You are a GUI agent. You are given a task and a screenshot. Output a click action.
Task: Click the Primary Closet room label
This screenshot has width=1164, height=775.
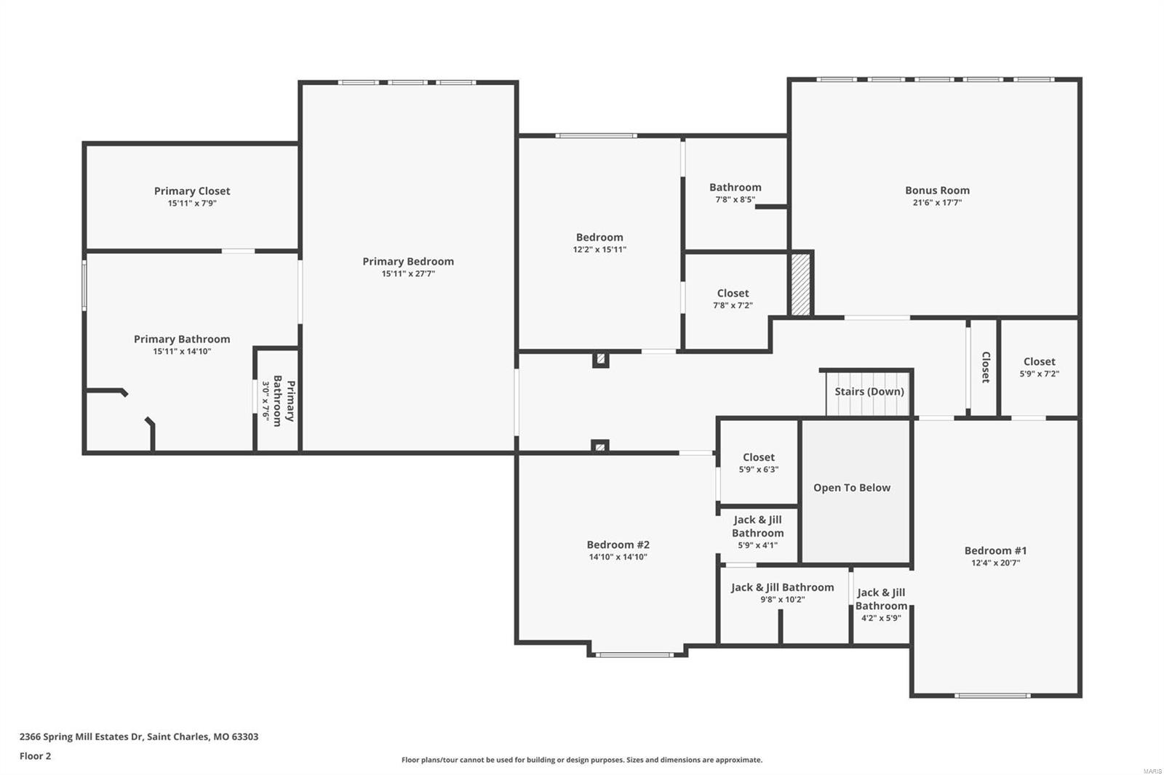[192, 191]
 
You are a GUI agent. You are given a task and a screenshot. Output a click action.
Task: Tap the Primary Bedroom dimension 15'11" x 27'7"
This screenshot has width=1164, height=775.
[408, 274]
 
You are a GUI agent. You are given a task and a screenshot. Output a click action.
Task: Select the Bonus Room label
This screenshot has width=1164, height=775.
[937, 190]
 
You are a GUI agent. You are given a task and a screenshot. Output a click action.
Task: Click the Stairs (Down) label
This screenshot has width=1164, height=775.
[869, 392]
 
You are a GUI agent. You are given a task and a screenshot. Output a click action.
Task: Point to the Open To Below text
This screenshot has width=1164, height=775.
[852, 488]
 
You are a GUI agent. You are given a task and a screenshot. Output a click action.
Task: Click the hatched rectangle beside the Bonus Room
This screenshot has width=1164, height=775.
[800, 284]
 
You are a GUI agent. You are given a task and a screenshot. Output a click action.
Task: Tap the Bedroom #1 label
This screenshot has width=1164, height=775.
[995, 550]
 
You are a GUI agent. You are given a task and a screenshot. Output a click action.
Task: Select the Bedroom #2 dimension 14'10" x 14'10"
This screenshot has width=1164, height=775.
[618, 558]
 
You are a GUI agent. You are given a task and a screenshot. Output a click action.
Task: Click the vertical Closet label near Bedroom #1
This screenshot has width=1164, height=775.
[986, 367]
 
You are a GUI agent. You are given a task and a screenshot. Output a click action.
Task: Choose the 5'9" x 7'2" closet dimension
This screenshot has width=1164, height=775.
[1039, 374]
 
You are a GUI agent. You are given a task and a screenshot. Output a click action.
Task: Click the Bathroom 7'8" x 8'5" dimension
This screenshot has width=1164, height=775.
[735, 199]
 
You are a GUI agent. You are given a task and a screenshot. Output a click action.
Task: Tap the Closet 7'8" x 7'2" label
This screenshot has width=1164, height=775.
[733, 294]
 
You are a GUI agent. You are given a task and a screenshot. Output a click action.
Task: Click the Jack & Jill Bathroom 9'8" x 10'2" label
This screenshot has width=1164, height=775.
[782, 587]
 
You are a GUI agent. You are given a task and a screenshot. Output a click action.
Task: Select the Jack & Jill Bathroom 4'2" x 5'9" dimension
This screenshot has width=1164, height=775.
[881, 618]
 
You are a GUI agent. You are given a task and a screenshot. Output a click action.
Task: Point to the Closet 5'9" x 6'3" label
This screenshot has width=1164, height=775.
[759, 457]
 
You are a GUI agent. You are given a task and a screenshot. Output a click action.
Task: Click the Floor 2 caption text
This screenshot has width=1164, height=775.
[35, 756]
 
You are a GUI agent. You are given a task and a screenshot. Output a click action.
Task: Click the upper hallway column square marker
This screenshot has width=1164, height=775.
[600, 359]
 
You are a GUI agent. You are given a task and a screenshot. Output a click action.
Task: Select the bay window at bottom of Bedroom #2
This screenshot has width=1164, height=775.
[634, 654]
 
